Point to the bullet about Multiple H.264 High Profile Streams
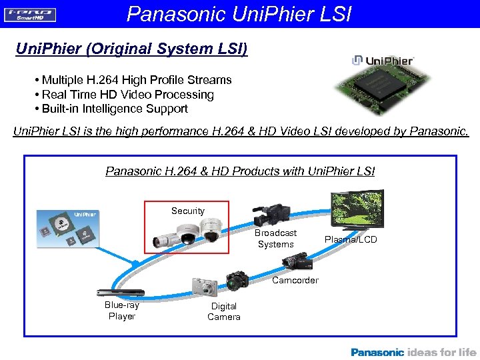coord(133,80)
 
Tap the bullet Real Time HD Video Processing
coord(123,95)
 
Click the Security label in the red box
coord(187,211)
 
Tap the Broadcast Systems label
coord(275,239)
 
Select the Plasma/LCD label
coord(351,239)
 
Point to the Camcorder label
coord(295,280)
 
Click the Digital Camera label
coord(224,311)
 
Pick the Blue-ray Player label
coord(121,311)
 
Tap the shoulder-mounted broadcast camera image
coord(271,213)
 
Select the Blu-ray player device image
coord(120,293)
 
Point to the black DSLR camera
coord(237,281)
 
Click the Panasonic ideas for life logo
coord(413,352)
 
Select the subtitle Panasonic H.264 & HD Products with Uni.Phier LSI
coord(240,171)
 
